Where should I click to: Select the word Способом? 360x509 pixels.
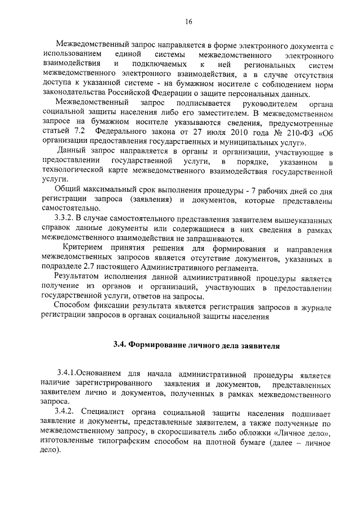click(x=71, y=307)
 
